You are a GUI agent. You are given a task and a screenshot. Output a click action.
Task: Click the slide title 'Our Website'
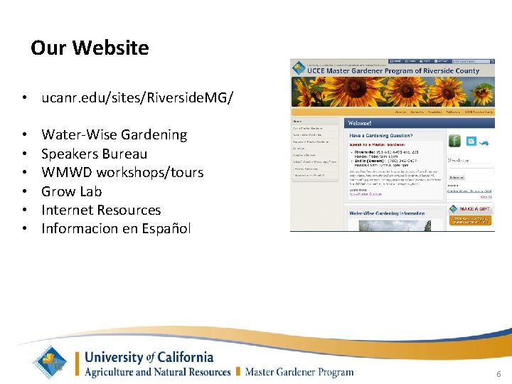(90, 48)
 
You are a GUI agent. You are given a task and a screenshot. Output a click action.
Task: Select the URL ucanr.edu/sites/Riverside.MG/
(137, 96)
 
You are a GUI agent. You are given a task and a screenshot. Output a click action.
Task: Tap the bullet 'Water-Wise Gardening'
(114, 134)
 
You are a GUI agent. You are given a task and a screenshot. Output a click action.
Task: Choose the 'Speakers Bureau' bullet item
(94, 154)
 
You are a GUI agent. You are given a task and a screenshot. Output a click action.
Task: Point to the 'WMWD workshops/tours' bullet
(122, 172)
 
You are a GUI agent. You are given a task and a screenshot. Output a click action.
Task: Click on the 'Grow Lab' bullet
(71, 191)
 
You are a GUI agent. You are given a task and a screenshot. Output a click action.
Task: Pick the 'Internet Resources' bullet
(101, 210)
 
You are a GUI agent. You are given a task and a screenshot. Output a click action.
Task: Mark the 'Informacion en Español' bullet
(116, 228)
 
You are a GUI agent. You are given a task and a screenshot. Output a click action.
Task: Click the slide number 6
(498, 373)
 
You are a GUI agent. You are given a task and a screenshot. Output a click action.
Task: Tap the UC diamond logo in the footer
(54, 362)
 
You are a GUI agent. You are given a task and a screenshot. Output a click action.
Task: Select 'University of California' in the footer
(149, 357)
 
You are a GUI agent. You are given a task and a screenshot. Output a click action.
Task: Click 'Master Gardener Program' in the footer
(299, 371)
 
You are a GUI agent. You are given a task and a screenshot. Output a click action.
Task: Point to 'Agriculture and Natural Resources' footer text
(157, 371)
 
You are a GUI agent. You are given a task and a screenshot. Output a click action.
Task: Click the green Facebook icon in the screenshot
(454, 141)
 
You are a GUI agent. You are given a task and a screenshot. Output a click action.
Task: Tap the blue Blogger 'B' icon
(469, 141)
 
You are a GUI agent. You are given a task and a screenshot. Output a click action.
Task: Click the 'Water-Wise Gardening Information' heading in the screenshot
(388, 213)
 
